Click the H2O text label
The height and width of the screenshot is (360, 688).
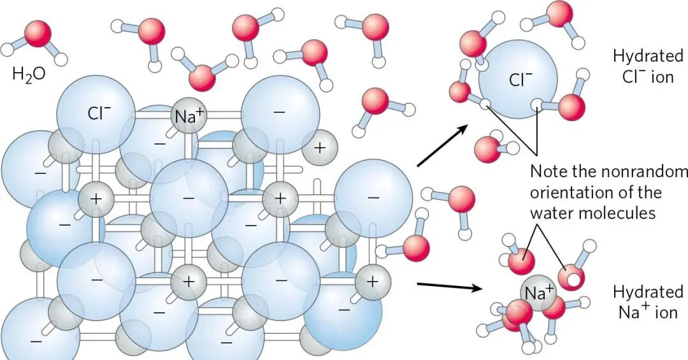(x=29, y=74)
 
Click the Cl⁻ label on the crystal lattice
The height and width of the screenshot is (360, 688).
(x=99, y=113)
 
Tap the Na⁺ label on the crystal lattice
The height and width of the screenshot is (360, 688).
(x=189, y=115)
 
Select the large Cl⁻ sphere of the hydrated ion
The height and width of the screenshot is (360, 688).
(x=517, y=79)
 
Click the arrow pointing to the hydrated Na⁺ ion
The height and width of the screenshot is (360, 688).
(x=449, y=286)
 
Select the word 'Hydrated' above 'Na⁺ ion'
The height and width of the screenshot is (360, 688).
(x=639, y=292)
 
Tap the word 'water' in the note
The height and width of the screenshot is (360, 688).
(x=552, y=212)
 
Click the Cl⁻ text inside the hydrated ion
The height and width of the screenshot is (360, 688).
(x=520, y=80)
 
